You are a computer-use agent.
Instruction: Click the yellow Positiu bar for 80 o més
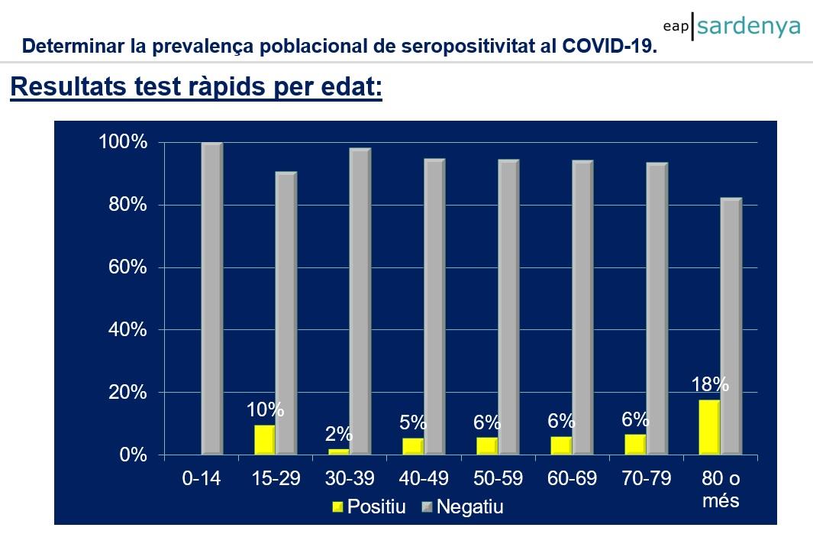tap(710, 427)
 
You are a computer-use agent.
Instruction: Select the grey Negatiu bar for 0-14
tap(211, 299)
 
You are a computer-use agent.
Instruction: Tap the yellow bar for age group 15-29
tap(264, 440)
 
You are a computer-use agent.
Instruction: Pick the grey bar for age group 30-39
tap(360, 302)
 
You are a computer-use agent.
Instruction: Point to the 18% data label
tap(710, 384)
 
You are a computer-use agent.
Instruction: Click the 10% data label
tap(265, 409)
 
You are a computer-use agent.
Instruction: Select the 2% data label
tap(338, 434)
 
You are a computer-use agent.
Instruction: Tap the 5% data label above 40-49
tap(413, 422)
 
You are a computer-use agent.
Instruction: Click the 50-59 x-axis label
tap(498, 479)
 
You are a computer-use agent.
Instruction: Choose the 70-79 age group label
tap(647, 479)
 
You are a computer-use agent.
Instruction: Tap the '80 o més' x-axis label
tap(721, 490)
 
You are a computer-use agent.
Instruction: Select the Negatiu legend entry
tap(462, 506)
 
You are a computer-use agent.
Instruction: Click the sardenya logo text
tap(748, 26)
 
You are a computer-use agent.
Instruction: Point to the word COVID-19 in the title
tap(609, 46)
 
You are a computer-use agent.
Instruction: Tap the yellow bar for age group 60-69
tap(561, 445)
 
